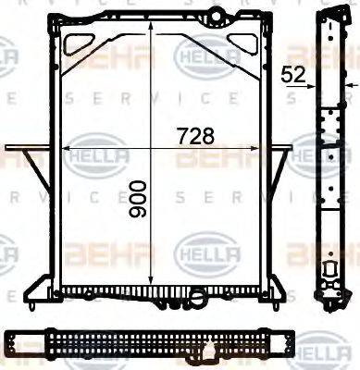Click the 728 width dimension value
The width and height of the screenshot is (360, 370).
coord(195,135)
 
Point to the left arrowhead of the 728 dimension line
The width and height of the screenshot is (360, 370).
coord(66,147)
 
